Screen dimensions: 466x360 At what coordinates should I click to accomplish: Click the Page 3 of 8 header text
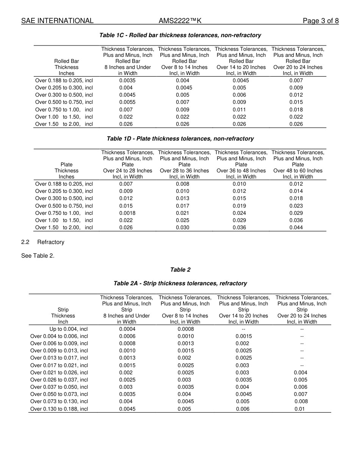coord(321,21)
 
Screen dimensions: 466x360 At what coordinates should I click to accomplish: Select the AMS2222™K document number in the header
coord(180,21)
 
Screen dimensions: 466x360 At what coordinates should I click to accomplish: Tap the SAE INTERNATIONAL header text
coord(57,21)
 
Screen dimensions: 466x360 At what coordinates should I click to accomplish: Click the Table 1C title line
coord(180,35)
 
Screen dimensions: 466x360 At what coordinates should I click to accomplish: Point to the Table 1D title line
coord(180,139)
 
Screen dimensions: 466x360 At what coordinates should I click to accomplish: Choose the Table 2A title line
coord(180,283)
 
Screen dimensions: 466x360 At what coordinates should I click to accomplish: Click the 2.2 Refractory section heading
coord(43,242)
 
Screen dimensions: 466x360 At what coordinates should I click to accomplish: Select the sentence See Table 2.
coord(38,256)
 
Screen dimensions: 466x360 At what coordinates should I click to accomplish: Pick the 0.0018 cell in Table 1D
coord(127,213)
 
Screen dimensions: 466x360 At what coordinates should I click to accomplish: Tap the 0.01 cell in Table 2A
coord(299,409)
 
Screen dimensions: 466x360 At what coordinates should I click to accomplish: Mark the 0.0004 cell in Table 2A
coord(127,329)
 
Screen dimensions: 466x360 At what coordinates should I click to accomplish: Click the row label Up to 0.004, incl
coord(69,329)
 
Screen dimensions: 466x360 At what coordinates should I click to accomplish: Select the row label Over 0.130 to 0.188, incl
coord(59,409)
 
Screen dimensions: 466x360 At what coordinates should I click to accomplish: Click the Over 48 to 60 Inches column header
coord(298,170)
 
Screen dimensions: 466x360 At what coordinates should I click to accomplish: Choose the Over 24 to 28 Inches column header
coord(128,170)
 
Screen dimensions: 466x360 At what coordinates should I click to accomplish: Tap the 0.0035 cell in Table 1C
coord(127,80)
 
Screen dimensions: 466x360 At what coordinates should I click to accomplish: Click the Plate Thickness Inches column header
coord(66,170)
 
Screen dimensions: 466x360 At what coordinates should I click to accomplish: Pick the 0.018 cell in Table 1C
coord(296,109)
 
